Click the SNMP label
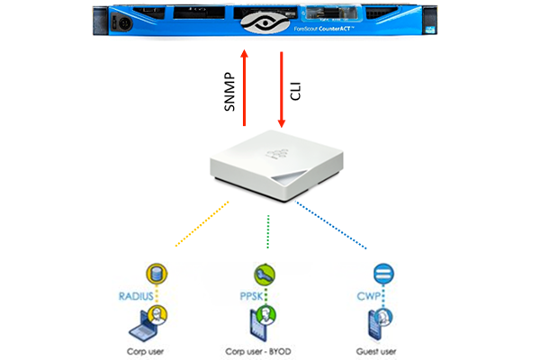click(229, 90)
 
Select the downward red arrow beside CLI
click(282, 90)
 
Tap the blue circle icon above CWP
click(379, 273)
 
